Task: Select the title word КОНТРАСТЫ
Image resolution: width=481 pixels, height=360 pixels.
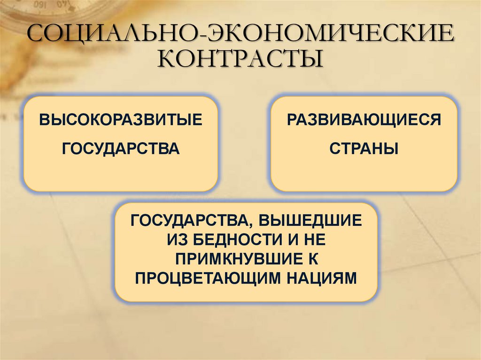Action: point(241,60)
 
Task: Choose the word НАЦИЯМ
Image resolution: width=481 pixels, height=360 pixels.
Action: point(319,278)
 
